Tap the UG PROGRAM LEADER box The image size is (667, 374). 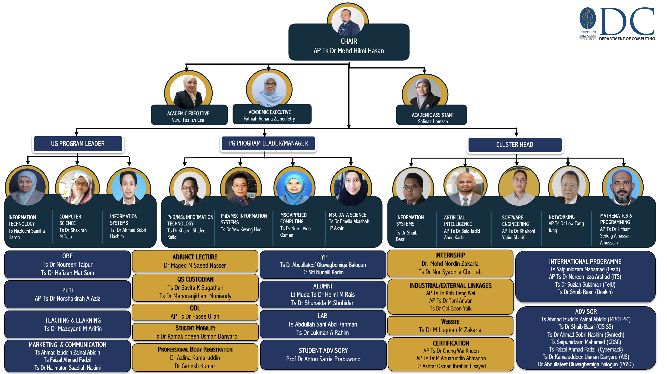point(78,144)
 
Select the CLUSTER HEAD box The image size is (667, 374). point(514,145)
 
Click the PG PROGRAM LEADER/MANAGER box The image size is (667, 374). point(268,143)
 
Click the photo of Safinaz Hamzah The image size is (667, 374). point(424,93)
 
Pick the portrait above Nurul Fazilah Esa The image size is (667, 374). point(188,92)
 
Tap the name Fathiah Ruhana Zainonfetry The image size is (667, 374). point(269,119)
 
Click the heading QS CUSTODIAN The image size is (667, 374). point(195,279)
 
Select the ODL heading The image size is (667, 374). point(195,308)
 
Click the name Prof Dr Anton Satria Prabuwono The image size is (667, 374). point(323,359)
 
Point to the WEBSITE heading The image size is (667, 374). point(450,322)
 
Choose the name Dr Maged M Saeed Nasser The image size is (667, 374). point(195,266)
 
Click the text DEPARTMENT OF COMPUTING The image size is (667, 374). point(627,39)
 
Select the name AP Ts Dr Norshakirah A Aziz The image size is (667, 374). point(68,299)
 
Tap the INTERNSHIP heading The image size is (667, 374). point(450,255)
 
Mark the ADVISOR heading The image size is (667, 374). point(586,312)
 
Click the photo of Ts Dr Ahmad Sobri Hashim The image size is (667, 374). point(129,187)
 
